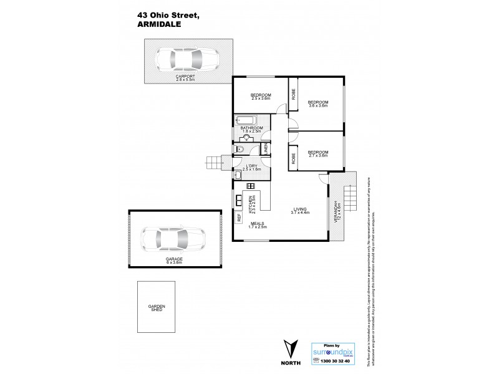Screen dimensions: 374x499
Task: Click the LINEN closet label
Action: pyautogui.click(x=265, y=148)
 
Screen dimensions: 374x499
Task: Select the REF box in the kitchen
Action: pyautogui.click(x=238, y=218)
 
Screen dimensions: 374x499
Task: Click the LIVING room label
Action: pyautogui.click(x=300, y=210)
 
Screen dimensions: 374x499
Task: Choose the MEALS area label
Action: pyautogui.click(x=258, y=224)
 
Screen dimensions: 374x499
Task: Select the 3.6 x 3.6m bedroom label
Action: pyautogui.click(x=318, y=103)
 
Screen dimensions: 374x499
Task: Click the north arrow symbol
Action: pyautogui.click(x=289, y=348)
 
